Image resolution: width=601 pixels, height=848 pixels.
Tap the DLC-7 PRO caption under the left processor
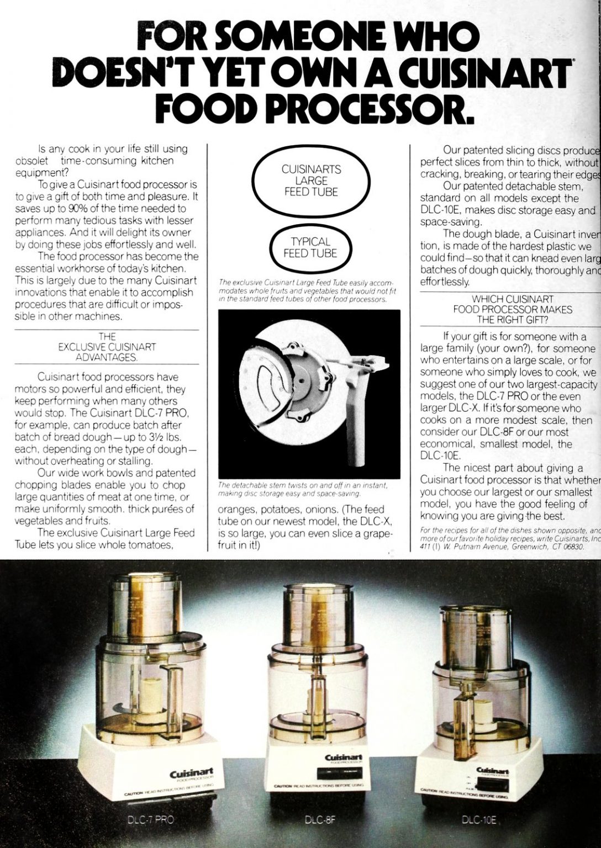tap(150, 819)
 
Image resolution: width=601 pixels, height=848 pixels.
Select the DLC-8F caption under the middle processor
tap(320, 819)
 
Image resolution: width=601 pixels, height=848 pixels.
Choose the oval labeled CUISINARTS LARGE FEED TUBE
tap(311, 181)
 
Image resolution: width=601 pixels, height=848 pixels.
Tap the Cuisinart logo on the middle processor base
tap(343, 757)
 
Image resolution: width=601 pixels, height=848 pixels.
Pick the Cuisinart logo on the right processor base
tap(493, 771)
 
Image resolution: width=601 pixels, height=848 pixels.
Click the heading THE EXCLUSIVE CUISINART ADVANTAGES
tap(107, 347)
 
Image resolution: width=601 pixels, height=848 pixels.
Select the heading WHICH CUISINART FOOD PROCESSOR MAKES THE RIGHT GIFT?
tap(513, 309)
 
